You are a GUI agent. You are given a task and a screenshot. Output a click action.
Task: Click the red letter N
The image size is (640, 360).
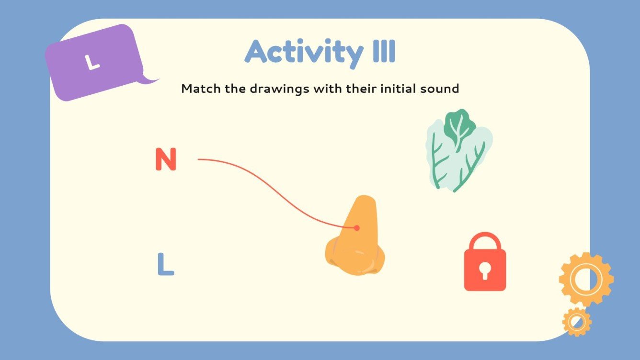[x=166, y=159]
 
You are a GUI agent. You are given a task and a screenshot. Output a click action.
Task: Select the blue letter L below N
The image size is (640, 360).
[x=165, y=264]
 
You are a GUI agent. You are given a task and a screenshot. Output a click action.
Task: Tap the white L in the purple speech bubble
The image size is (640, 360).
[x=92, y=62]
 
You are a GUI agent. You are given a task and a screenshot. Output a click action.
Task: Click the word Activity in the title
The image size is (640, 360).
[x=303, y=52]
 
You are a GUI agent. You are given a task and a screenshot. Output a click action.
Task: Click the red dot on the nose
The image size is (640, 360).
[x=356, y=228]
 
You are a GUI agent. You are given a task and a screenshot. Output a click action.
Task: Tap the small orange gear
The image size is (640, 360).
[x=577, y=322]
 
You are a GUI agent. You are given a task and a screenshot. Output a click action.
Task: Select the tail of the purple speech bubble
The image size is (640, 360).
[x=149, y=79]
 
